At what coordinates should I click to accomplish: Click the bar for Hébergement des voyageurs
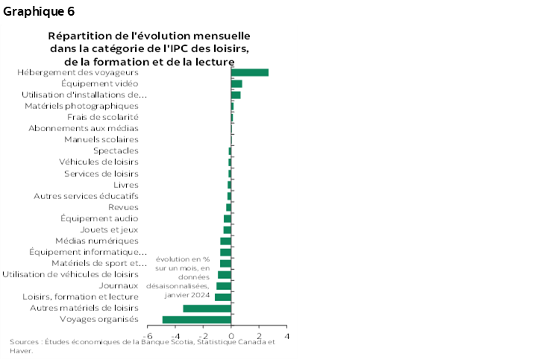pos(250,72)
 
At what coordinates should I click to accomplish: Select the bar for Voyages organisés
pos(197,320)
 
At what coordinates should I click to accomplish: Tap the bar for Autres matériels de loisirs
pos(207,308)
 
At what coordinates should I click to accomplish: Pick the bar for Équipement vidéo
pos(236,83)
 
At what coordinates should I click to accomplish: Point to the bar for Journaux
pos(224,285)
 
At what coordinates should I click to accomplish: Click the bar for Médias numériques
pos(225,241)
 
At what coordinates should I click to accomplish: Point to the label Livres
pos(125,184)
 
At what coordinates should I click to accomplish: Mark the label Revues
pos(123,207)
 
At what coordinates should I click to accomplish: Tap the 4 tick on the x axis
pos(286,336)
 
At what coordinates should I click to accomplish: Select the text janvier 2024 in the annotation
pos(183,294)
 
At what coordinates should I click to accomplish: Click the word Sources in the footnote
pos(24,341)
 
